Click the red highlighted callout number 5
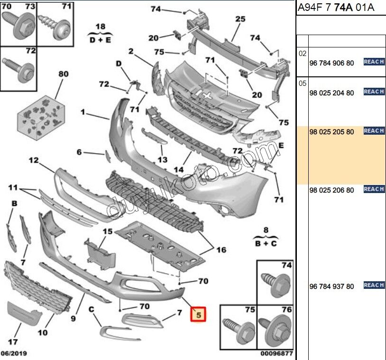[199, 314]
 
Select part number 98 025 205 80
[331, 132]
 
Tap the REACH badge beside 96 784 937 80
[374, 285]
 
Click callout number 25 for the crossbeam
[240, 19]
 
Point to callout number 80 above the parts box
[63, 74]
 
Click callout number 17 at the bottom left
[13, 341]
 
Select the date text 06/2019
[14, 353]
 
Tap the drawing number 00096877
[276, 353]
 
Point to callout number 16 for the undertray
[221, 250]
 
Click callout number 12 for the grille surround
[33, 160]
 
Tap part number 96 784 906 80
[331, 63]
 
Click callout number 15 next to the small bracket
[108, 231]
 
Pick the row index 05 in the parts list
[303, 83]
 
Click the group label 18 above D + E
[100, 26]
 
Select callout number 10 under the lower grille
[43, 332]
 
